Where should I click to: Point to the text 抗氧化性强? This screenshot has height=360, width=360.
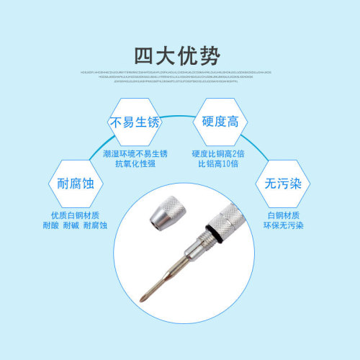[135, 165]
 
